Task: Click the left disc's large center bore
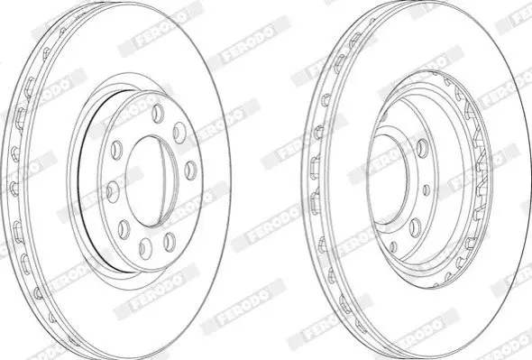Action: (151, 180)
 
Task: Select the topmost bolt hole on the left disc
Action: (158, 113)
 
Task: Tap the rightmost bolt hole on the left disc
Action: (190, 170)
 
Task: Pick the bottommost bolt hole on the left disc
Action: (145, 248)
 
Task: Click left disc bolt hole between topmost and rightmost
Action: (179, 132)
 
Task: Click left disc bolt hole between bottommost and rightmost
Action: (170, 242)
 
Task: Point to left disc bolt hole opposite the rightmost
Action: (113, 191)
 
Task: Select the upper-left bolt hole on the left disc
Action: (116, 149)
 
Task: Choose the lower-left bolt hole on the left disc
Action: (124, 229)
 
